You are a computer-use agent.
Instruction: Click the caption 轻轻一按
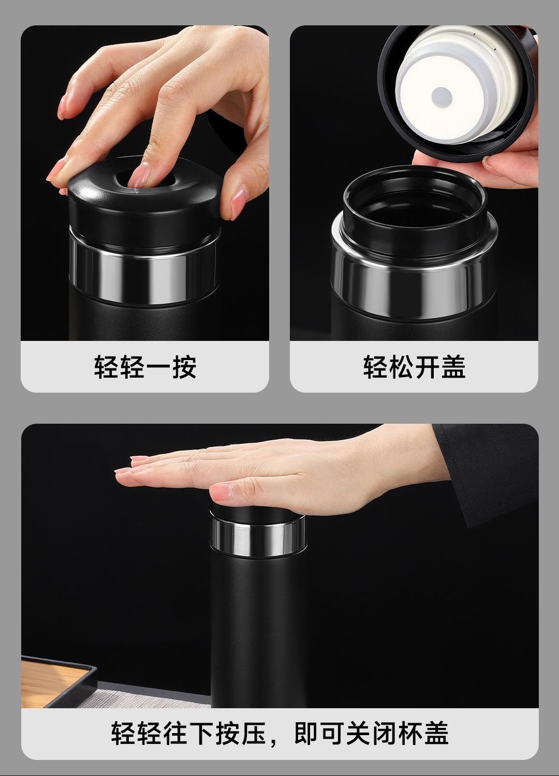[x=145, y=366]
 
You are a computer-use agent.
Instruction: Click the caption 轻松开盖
[x=414, y=366]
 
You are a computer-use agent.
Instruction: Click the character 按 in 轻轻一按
[x=184, y=366]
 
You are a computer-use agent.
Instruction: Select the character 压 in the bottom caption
[x=254, y=742]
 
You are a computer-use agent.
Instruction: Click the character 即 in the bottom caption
[x=307, y=742]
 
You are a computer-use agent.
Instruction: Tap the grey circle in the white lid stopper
[x=442, y=97]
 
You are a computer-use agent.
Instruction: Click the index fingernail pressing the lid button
[x=139, y=175]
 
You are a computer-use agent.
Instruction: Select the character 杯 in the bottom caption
[x=410, y=742]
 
